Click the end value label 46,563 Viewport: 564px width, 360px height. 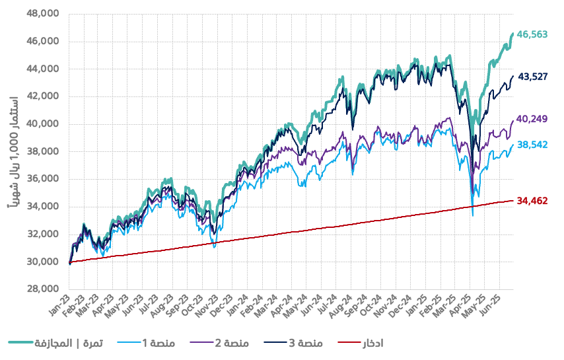[532, 34]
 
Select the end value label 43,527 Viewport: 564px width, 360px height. [532, 77]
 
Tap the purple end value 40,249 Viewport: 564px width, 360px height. [532, 119]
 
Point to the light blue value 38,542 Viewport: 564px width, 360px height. [532, 143]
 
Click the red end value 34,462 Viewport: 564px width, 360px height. [532, 200]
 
